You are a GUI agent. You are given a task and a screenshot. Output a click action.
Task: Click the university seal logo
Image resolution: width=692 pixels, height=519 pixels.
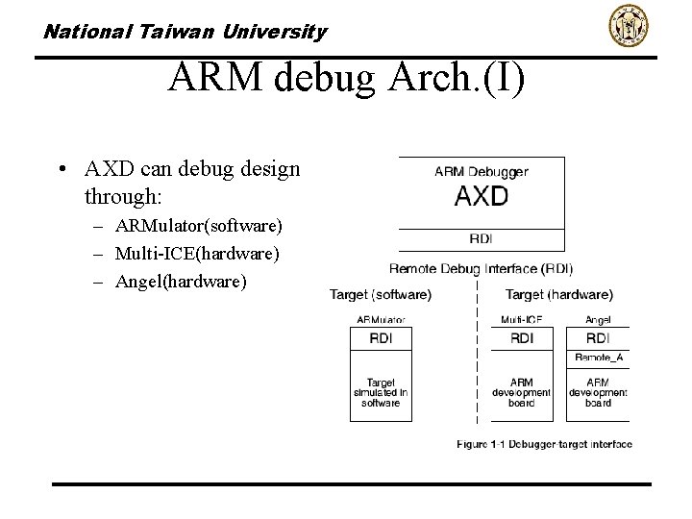(629, 26)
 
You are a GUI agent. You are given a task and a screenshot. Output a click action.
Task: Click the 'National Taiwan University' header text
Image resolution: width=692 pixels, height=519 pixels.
(185, 32)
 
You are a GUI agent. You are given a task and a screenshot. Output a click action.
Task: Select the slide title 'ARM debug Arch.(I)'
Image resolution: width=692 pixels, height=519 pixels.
(346, 78)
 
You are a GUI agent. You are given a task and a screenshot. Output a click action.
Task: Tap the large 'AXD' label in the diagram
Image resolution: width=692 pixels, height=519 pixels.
(482, 197)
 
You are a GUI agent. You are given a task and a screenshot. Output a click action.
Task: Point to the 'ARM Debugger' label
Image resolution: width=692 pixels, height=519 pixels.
(482, 172)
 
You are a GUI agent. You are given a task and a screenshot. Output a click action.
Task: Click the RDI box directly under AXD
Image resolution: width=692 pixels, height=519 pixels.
(482, 239)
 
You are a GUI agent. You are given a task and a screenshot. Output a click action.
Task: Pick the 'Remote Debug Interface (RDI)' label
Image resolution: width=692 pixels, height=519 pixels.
(481, 268)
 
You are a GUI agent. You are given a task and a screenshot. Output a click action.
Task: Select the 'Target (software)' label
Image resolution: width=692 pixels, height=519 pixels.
(381, 295)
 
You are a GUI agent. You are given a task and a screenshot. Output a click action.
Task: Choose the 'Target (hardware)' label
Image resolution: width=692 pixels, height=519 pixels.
(559, 295)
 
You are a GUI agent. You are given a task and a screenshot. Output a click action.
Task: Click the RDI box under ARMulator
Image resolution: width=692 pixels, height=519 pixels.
(381, 338)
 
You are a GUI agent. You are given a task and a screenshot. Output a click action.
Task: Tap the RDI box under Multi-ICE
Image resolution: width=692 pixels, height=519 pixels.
(522, 338)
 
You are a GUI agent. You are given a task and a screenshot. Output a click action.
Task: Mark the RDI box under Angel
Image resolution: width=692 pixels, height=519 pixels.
(598, 338)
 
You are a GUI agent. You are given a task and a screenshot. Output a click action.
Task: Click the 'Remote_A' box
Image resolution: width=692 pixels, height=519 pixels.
(598, 358)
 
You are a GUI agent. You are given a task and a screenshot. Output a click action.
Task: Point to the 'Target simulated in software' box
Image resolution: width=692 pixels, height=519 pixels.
(381, 393)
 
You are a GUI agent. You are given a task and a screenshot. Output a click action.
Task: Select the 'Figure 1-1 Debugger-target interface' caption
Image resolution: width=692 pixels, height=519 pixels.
(544, 444)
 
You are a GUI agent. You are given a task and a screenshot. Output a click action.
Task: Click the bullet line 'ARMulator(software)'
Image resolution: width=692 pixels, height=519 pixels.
(198, 226)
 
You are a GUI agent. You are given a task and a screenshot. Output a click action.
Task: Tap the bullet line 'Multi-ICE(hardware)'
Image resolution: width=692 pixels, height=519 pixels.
(197, 254)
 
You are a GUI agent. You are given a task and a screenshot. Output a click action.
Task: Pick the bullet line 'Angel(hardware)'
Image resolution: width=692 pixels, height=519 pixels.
(181, 282)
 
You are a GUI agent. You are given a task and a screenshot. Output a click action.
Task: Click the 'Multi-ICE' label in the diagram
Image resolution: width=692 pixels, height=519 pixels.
(522, 319)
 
